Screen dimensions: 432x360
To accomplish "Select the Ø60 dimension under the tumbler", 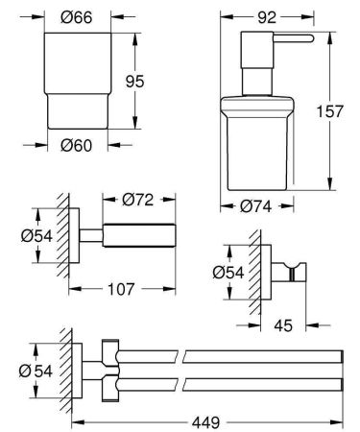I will [69, 147].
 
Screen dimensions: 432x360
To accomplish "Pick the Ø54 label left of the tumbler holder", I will [35, 234].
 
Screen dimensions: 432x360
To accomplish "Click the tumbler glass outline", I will [69, 82].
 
